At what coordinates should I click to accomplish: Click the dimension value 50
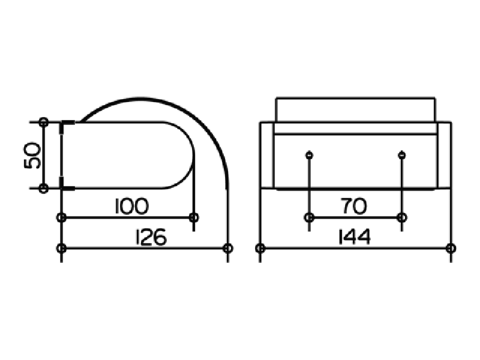coord(32,155)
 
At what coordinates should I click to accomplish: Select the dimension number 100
coord(132,206)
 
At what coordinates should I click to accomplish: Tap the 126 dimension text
coord(151,236)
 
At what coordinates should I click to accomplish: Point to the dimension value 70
coord(353,206)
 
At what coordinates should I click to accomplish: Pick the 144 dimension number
coord(355,236)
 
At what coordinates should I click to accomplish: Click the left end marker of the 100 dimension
coord(62,218)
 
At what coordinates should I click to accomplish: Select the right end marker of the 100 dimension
coord(193,218)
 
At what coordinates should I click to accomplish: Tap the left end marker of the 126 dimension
coord(62,248)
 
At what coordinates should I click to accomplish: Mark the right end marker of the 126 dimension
coord(228,248)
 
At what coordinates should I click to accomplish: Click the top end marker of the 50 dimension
coord(44,122)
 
